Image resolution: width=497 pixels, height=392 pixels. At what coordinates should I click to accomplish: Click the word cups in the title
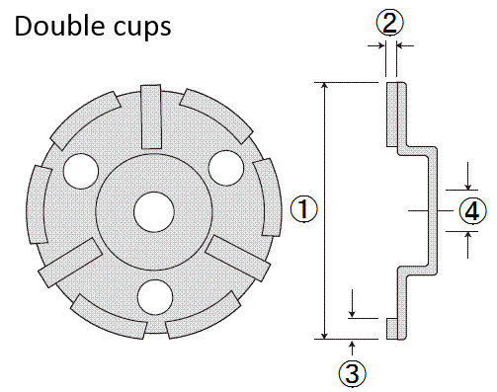coord(139,29)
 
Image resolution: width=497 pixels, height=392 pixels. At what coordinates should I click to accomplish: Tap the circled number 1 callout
coord(304,209)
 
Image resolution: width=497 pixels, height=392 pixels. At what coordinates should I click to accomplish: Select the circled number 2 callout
coord(390,21)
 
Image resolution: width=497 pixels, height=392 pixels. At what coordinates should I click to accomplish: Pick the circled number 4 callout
coord(473,210)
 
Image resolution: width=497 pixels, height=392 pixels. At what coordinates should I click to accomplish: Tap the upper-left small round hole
coord(77,171)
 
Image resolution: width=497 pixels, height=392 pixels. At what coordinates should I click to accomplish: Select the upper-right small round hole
coord(224,164)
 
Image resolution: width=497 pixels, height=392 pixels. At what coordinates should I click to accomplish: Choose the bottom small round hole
coord(152,294)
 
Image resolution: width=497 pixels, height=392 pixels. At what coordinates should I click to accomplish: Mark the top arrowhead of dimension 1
coord(324,87)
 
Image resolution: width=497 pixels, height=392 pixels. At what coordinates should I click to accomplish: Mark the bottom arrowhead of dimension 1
coord(324,333)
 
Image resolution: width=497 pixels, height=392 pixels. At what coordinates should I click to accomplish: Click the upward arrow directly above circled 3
coord(353,344)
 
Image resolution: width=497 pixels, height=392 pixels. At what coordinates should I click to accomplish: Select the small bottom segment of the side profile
coord(391,328)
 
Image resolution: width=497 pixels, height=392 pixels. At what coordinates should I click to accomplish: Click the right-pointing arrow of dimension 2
coord(380,44)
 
